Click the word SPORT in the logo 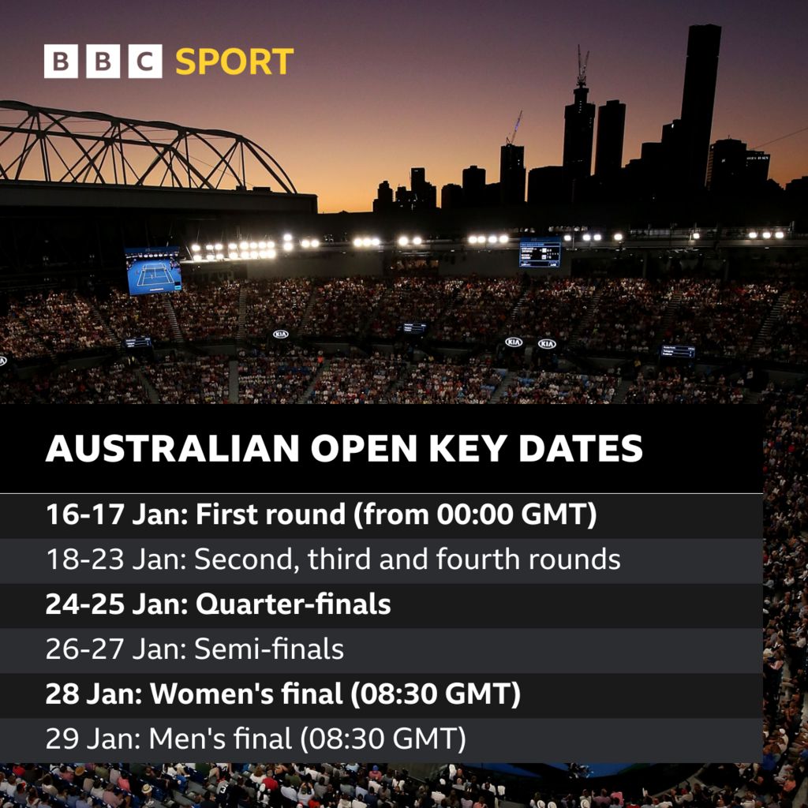click(234, 62)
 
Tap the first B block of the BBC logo click(61, 62)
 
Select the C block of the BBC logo click(144, 62)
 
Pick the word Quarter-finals click(293, 604)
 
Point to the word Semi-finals click(269, 649)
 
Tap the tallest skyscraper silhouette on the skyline click(700, 103)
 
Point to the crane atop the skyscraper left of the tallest click(582, 67)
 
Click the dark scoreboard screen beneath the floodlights click(540, 252)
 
